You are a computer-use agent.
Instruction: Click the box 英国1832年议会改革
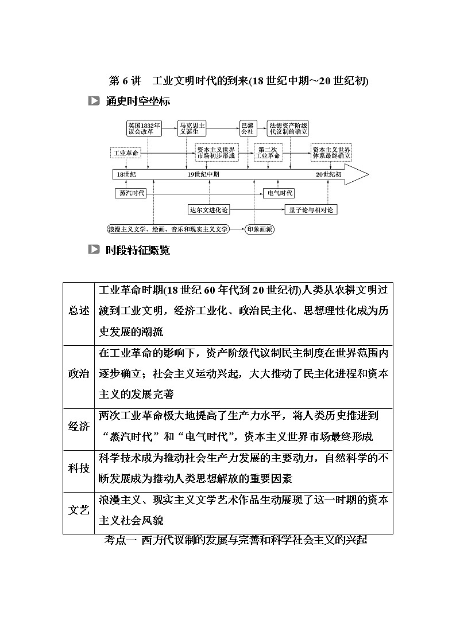click(144, 128)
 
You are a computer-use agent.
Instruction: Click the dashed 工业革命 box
click(126, 153)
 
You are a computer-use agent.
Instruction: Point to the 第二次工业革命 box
click(268, 153)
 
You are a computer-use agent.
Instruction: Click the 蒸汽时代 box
click(130, 193)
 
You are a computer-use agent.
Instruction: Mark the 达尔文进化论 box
click(209, 210)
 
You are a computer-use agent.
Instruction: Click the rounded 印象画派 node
click(260, 229)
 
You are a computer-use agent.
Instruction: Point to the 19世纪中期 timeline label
click(203, 174)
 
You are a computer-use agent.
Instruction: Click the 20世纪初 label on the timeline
click(329, 174)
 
